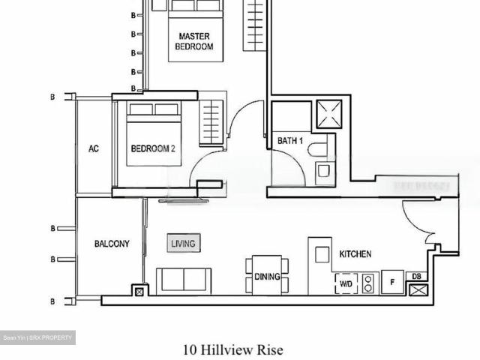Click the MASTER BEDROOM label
tap(194, 41)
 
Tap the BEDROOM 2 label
tap(153, 148)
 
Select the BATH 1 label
tap(290, 141)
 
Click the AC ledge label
tap(94, 148)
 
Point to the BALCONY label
tap(112, 244)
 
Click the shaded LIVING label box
tap(183, 244)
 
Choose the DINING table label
tap(266, 277)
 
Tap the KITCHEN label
tap(355, 255)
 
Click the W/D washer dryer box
tap(346, 284)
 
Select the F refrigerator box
tap(392, 283)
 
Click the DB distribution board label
tap(417, 276)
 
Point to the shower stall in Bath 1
tap(328, 114)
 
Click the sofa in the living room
tap(183, 280)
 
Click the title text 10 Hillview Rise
tap(233, 349)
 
